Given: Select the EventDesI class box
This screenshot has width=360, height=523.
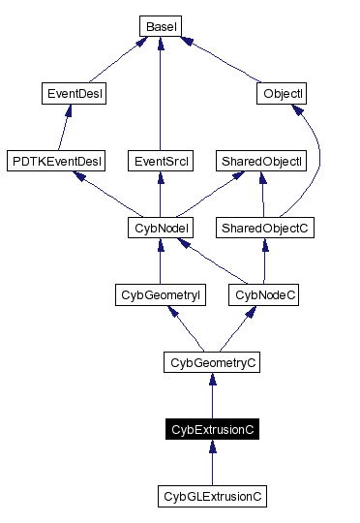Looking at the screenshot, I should pos(75,94).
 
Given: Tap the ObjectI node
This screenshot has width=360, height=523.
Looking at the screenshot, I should pos(282,94).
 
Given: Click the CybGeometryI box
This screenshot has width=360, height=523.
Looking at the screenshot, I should pos(160,294).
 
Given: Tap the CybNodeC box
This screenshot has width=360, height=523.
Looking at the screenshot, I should pos(264,294).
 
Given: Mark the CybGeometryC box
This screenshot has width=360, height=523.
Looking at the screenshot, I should pos(212,362).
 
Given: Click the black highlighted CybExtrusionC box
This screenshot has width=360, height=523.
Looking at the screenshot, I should pos(212,428).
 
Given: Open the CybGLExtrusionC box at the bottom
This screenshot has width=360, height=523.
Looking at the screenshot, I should pos(212,496).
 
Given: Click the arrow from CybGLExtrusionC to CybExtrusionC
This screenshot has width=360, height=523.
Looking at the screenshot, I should pos(212,462).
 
